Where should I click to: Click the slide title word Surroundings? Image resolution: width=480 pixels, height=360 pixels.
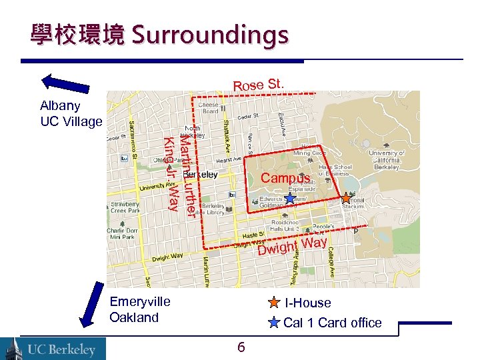(210, 35)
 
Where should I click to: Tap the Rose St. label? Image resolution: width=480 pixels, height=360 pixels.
(259, 85)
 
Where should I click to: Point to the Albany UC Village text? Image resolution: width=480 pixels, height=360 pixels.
(71, 113)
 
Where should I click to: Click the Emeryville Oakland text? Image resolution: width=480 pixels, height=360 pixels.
(139, 309)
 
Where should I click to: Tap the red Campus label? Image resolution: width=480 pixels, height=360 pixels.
(285, 179)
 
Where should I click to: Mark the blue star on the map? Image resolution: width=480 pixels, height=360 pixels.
(289, 198)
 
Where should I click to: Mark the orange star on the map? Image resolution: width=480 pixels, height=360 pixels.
(346, 198)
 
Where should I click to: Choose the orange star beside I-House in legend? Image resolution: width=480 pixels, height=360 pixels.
(274, 303)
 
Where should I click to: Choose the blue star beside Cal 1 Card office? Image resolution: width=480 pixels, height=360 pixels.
(274, 323)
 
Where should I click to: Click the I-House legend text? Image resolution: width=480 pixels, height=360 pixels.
(307, 303)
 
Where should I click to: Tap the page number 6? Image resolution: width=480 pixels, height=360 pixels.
(241, 347)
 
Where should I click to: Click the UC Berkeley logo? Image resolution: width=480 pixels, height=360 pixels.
(53, 348)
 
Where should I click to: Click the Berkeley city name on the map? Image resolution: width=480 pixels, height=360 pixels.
(205, 175)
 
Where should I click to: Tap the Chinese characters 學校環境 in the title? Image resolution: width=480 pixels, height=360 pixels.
(77, 35)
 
